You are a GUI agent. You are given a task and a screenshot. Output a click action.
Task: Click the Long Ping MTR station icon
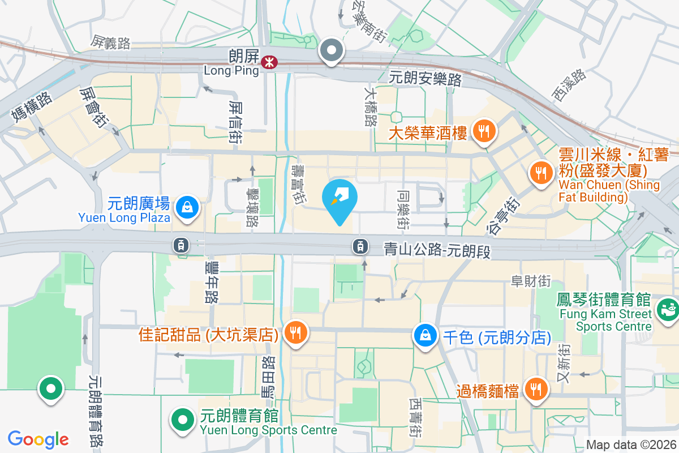[x=270, y=62]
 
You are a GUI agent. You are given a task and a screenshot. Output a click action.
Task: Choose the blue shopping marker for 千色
[x=424, y=336]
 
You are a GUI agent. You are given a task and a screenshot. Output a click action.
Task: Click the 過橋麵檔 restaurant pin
[x=535, y=390]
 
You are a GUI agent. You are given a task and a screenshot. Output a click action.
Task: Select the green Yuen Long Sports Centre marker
[x=182, y=420]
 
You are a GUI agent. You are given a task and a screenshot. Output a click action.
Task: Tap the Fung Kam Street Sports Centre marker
[x=665, y=310]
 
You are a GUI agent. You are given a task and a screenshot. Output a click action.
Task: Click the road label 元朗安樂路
[x=426, y=79]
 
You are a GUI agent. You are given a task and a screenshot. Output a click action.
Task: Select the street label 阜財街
[x=530, y=280]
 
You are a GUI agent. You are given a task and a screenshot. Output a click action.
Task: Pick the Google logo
[x=38, y=439]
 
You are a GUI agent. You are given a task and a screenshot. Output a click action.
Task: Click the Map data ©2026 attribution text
[x=631, y=445]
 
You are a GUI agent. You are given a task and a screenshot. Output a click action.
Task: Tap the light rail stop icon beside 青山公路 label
[x=360, y=246]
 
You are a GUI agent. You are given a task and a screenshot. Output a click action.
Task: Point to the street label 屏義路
[x=111, y=42]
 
